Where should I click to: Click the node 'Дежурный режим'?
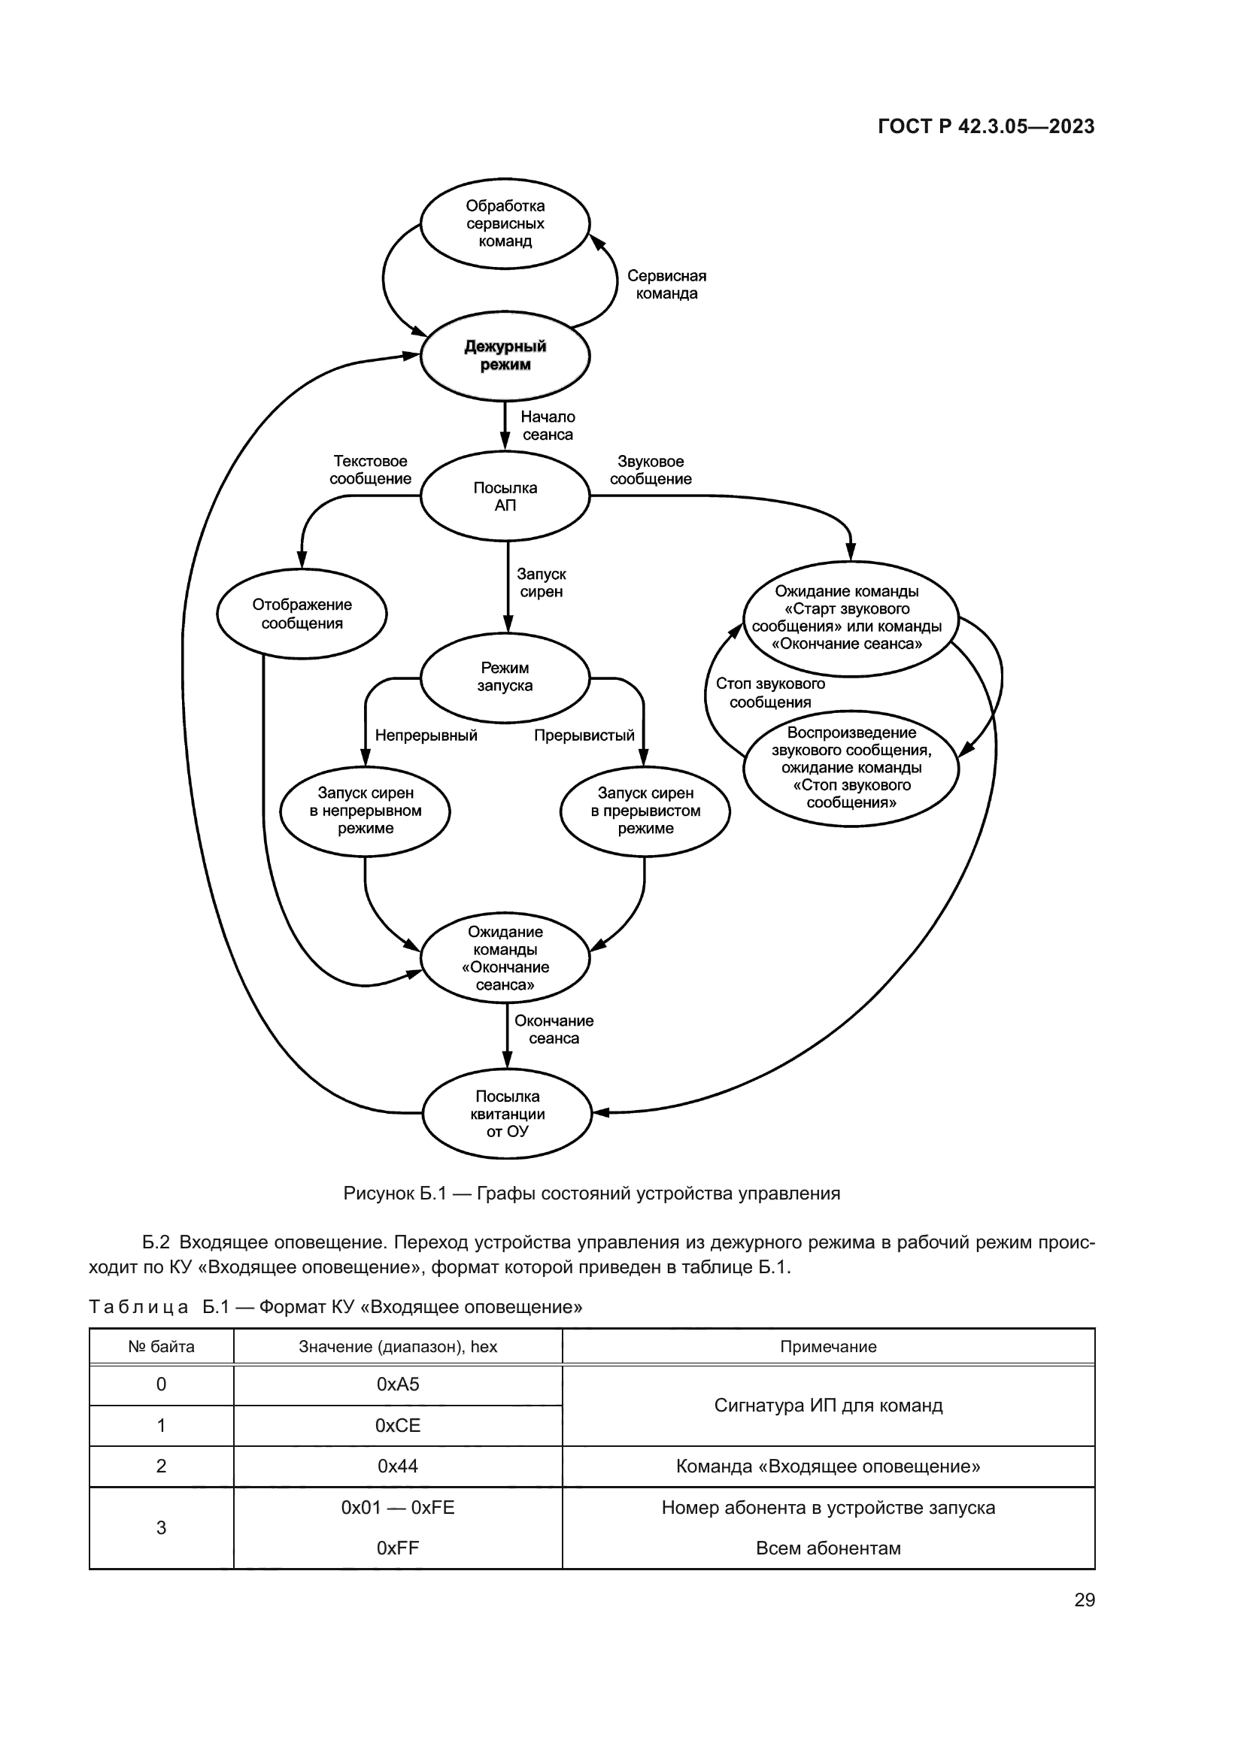click(x=505, y=356)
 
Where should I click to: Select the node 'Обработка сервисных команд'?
click(x=505, y=223)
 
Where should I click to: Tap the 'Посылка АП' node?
click(x=505, y=496)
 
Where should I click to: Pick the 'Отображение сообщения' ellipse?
click(x=302, y=614)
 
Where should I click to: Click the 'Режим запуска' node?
click(x=505, y=678)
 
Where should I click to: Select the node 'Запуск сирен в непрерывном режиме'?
click(x=366, y=811)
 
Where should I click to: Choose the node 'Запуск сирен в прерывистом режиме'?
click(x=645, y=811)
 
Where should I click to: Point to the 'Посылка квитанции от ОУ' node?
click(x=507, y=1114)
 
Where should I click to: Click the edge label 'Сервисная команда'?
click(x=666, y=284)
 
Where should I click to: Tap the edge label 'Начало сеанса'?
click(x=548, y=426)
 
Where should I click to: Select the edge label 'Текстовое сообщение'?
click(x=370, y=469)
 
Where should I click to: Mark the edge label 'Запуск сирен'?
click(x=542, y=582)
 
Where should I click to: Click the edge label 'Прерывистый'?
click(x=584, y=735)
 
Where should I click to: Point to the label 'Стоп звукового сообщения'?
click(x=770, y=693)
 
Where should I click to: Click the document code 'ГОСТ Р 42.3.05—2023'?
click(x=986, y=126)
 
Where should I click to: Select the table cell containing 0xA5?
click(x=398, y=1384)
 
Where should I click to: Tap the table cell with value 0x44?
click(x=398, y=1466)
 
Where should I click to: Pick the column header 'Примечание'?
click(x=828, y=1347)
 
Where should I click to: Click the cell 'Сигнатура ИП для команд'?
click(x=828, y=1405)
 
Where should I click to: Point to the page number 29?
click(x=1084, y=1600)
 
